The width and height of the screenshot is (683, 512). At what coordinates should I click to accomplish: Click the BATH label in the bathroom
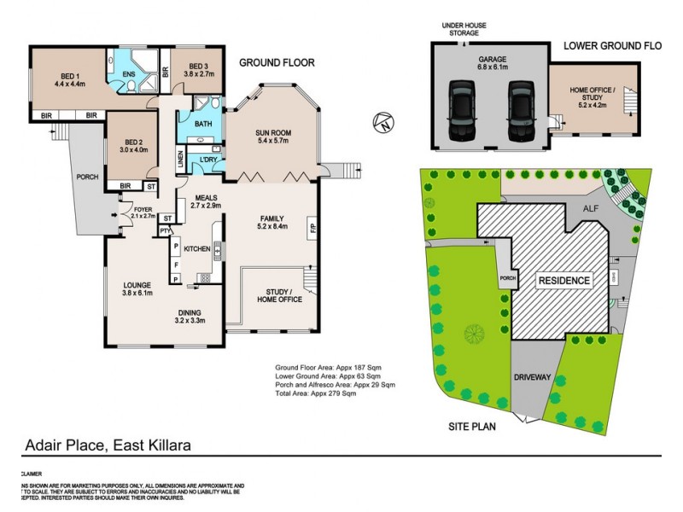(202, 124)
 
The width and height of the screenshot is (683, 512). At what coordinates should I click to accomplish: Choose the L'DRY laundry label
(207, 160)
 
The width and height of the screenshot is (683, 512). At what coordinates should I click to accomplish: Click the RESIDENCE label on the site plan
(563, 280)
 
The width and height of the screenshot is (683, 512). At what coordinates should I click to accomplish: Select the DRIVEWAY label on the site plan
(536, 376)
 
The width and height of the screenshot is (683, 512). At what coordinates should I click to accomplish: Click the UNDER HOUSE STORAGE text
(465, 30)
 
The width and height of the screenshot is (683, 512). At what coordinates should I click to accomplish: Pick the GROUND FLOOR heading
(277, 62)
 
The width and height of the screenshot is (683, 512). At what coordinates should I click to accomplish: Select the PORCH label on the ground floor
(86, 177)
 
